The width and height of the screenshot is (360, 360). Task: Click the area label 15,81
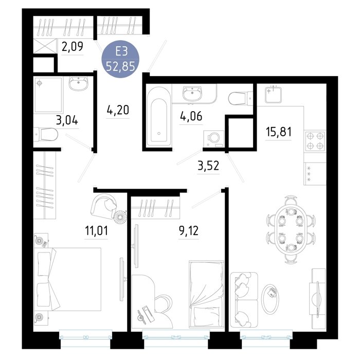coord(279,132)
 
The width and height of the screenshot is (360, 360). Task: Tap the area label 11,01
coord(96,230)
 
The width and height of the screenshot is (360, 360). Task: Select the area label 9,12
coord(189,230)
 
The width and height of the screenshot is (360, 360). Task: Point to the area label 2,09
coord(73,47)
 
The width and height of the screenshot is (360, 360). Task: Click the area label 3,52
coord(208,166)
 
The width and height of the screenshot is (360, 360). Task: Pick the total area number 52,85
coord(120,67)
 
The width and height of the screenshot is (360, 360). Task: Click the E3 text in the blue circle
coord(121,52)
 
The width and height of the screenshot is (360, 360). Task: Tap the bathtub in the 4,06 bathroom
coord(159,117)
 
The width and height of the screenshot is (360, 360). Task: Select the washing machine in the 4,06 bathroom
coord(214,139)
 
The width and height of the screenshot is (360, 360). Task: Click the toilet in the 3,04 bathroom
coord(46,135)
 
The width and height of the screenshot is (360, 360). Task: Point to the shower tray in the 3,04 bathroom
coord(48,95)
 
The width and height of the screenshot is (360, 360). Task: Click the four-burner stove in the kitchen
coord(315,141)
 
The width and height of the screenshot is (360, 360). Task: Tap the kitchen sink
coord(273,94)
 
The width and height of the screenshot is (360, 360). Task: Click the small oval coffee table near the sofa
coord(271,299)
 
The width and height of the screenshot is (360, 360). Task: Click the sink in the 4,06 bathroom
coord(192,94)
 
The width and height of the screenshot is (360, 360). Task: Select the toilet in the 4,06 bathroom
coord(240,99)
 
